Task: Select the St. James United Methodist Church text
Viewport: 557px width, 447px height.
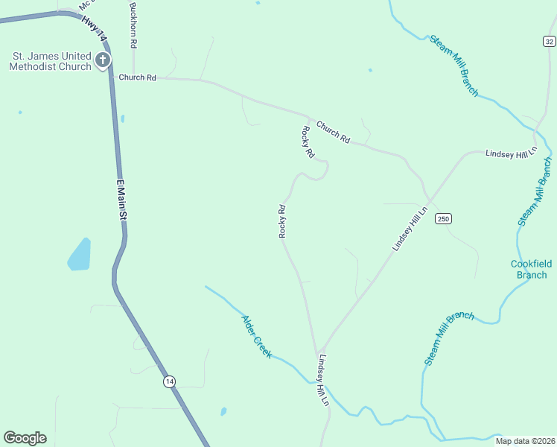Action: click(50, 61)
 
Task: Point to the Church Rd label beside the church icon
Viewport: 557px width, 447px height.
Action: click(138, 77)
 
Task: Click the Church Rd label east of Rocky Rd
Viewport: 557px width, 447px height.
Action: click(333, 132)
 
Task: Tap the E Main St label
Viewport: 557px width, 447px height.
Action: click(122, 198)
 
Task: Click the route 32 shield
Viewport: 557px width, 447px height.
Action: click(549, 42)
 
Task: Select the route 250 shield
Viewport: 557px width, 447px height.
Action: click(444, 218)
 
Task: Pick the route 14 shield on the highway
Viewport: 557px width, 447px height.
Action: click(170, 381)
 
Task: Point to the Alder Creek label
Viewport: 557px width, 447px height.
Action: click(256, 336)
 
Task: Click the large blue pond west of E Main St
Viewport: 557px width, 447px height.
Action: click(80, 255)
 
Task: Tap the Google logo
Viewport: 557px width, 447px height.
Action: click(25, 438)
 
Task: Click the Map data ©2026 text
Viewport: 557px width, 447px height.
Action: click(525, 440)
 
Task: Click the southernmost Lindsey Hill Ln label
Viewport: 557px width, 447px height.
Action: click(323, 381)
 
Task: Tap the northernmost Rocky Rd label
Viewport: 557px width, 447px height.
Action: click(308, 142)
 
